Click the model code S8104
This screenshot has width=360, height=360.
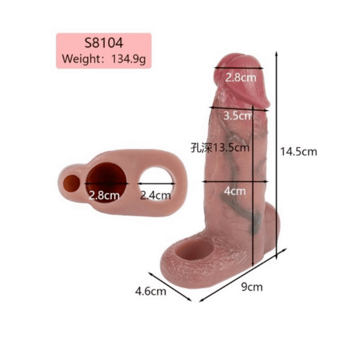104,43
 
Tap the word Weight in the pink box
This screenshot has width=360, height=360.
80,59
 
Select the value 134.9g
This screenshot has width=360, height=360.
128,59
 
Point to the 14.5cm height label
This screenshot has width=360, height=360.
298,152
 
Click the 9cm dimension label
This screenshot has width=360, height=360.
252,287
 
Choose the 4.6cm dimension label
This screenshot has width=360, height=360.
151,292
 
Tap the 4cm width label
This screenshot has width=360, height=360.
235,191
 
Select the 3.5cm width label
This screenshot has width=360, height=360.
238,115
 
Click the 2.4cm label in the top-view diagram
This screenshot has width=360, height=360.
155,196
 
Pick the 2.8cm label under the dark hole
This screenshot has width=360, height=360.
104,196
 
